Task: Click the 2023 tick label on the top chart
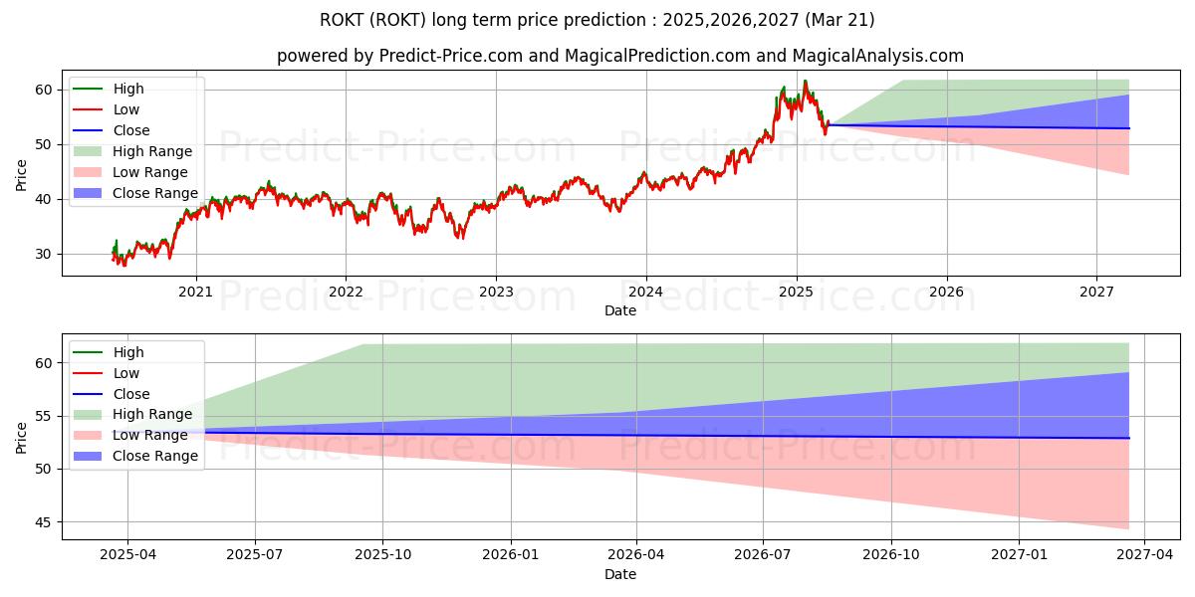[496, 292]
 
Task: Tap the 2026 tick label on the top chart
[946, 292]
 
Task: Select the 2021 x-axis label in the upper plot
[195, 292]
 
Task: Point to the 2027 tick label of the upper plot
[1096, 292]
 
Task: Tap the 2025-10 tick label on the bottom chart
[383, 554]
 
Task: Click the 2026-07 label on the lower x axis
[763, 554]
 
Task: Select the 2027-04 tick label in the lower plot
[1144, 554]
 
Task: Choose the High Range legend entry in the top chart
[152, 151]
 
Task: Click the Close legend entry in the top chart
[130, 130]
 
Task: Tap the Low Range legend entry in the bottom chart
[150, 435]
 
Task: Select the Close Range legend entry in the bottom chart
[154, 456]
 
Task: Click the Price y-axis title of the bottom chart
[22, 436]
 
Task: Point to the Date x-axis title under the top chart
[620, 310]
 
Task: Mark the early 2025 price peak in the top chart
[805, 82]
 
